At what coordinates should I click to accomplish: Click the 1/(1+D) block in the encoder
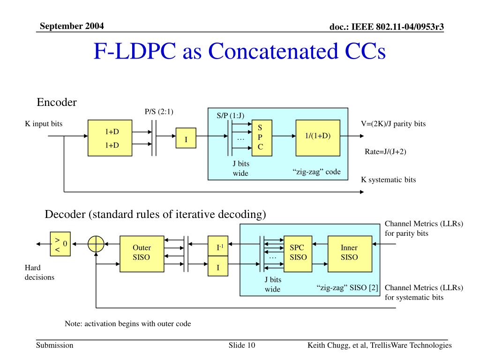tap(318, 138)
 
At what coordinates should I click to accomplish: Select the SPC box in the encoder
tap(260, 137)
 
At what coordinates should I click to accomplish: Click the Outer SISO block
tap(142, 253)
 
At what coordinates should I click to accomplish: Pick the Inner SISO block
tap(349, 253)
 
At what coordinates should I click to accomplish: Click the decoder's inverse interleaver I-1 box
tap(218, 246)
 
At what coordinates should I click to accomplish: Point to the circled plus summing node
tap(96, 244)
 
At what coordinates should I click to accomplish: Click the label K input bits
tap(44, 124)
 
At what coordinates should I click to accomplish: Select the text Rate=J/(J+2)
tap(386, 151)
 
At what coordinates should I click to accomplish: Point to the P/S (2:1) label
tap(159, 112)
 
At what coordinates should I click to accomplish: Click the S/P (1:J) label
tap(230, 115)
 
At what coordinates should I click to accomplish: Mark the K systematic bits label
tap(388, 180)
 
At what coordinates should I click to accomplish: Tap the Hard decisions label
tap(39, 272)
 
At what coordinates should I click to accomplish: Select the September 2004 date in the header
tap(72, 25)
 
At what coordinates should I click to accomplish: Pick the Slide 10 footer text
tap(242, 345)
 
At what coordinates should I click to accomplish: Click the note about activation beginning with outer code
tap(127, 323)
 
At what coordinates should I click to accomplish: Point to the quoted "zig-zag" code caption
tap(317, 172)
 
